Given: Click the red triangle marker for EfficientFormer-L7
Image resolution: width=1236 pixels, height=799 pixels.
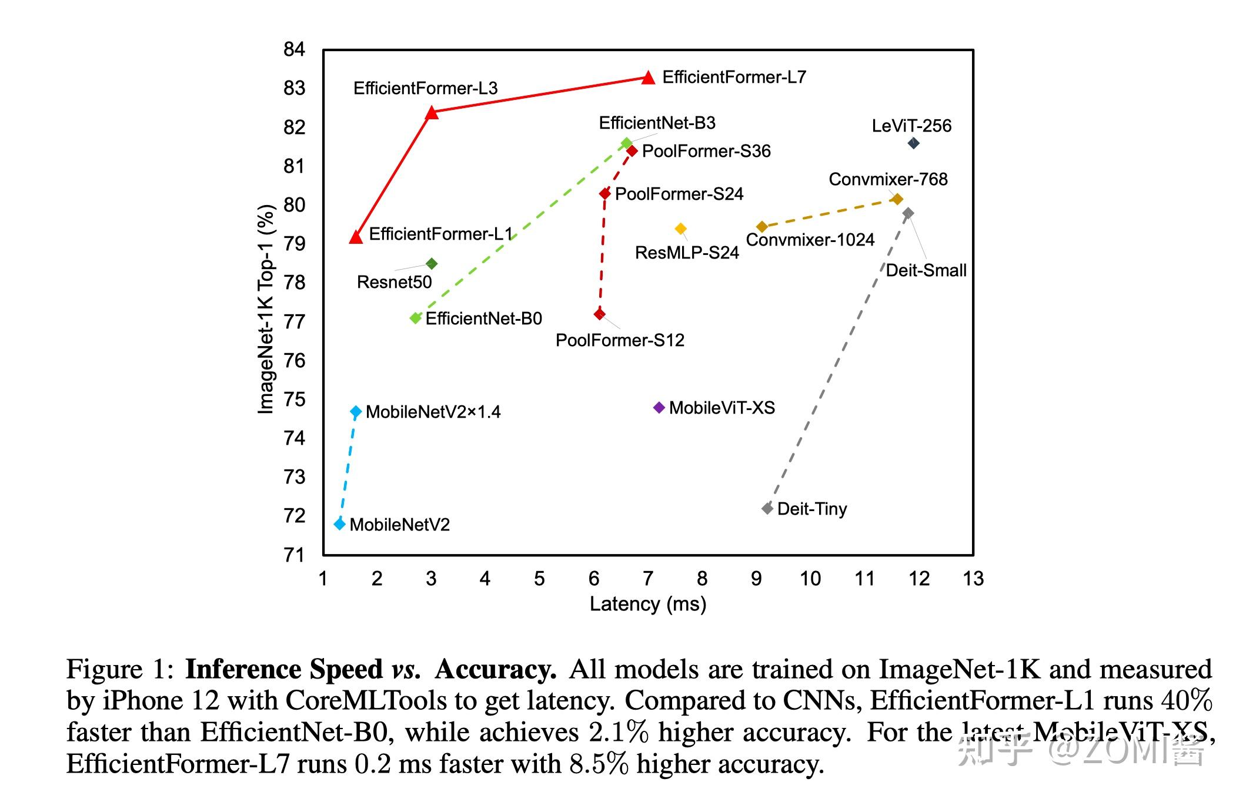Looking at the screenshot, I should click(x=648, y=78).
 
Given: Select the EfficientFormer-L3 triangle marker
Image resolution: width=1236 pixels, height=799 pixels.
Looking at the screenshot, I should click(x=432, y=112).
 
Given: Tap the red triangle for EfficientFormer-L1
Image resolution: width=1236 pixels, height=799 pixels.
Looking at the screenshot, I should click(x=356, y=237).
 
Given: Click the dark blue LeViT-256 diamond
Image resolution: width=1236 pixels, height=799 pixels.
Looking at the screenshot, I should click(x=913, y=143).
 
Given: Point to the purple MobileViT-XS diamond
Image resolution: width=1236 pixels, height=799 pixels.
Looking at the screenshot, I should click(x=659, y=407).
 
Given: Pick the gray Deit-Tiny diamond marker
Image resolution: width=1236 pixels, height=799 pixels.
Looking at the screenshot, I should click(x=767, y=508).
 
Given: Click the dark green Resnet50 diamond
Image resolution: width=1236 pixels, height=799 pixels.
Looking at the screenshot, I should click(x=432, y=264).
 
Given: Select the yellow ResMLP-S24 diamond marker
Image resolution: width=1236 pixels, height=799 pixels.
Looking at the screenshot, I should click(x=680, y=229).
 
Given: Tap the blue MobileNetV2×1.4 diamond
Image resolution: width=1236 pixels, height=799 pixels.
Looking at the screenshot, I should click(x=356, y=412).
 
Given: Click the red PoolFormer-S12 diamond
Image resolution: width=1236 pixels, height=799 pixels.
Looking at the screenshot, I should click(x=599, y=314).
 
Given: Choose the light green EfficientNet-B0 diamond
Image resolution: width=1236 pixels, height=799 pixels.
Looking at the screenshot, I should click(x=416, y=318).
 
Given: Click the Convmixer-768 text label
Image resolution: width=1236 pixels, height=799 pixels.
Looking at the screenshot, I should click(x=888, y=179).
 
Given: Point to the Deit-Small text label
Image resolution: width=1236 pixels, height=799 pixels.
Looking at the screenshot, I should click(x=926, y=270).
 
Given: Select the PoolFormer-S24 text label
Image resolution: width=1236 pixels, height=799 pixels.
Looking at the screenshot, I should click(x=679, y=194).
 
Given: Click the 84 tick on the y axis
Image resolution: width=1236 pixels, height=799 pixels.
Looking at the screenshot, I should click(x=294, y=49).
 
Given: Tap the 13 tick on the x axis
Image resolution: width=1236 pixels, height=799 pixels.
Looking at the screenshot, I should click(x=973, y=579).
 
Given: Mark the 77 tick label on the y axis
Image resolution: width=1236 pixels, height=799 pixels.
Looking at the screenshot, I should click(x=294, y=322).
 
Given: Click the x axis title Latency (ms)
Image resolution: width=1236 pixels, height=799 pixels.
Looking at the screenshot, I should click(x=648, y=604).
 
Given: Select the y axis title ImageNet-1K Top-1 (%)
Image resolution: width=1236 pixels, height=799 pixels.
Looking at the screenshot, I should click(x=266, y=309).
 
